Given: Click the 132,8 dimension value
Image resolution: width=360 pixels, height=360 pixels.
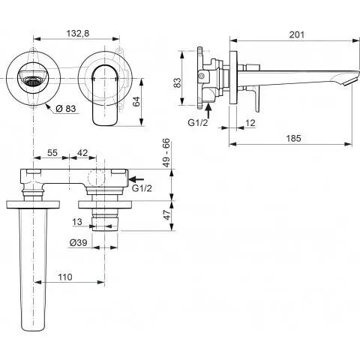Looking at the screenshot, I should (x=79, y=33).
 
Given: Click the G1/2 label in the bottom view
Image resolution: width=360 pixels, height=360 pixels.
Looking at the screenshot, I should (x=142, y=188).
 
